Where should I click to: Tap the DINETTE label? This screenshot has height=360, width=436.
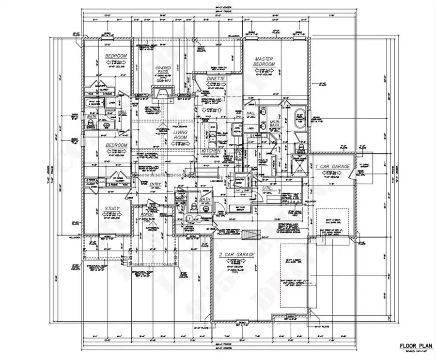click(x=215, y=78)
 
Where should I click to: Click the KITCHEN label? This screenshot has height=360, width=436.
click(x=211, y=152)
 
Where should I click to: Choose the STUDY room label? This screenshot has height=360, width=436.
click(x=112, y=209)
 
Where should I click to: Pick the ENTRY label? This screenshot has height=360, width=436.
click(x=156, y=184)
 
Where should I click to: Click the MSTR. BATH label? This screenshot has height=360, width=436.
click(x=275, y=124)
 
